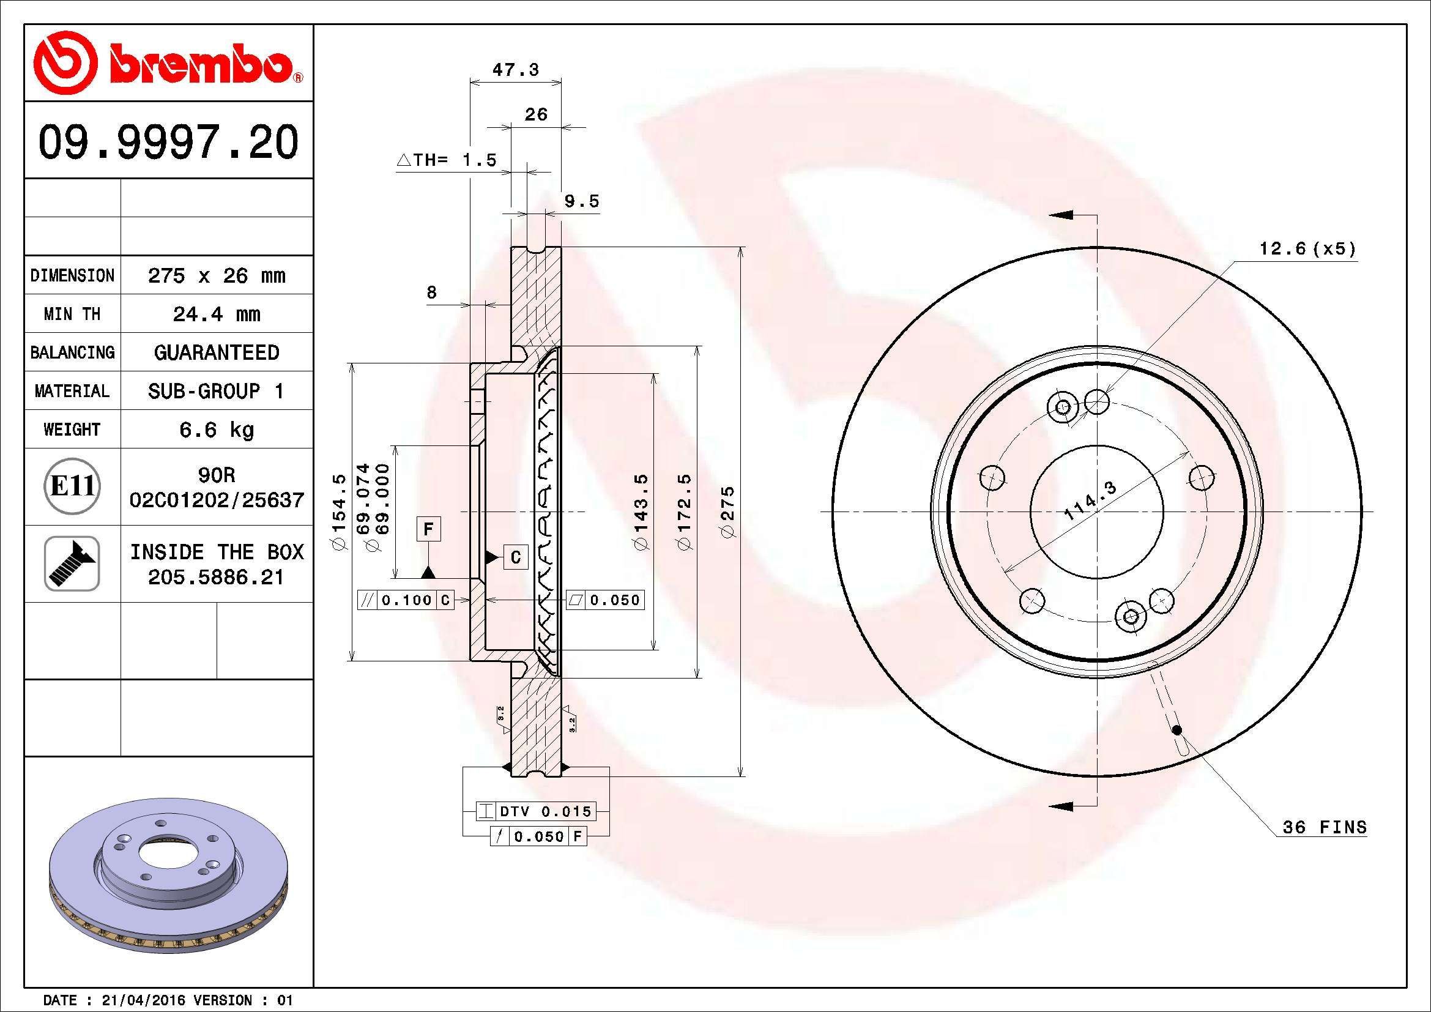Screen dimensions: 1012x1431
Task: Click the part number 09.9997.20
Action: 168,142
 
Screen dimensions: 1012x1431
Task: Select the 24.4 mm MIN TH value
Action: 216,314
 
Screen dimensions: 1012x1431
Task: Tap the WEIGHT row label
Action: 72,430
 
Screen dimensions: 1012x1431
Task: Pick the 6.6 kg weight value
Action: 216,430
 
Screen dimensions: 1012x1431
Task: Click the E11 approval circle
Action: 72,486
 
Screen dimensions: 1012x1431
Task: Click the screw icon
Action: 72,564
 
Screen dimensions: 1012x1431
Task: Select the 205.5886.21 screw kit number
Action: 215,577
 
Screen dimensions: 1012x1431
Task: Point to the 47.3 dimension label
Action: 515,70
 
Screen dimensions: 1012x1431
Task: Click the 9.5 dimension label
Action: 581,201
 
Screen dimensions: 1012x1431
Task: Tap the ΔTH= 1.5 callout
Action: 447,160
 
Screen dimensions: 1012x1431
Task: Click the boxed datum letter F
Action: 428,529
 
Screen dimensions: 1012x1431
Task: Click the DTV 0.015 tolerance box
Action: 535,811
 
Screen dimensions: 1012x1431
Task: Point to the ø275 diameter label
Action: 727,512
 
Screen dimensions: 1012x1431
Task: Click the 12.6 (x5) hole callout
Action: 1307,249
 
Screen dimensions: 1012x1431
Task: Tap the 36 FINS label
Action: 1325,827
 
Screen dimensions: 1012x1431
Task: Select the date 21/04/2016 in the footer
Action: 143,1000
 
